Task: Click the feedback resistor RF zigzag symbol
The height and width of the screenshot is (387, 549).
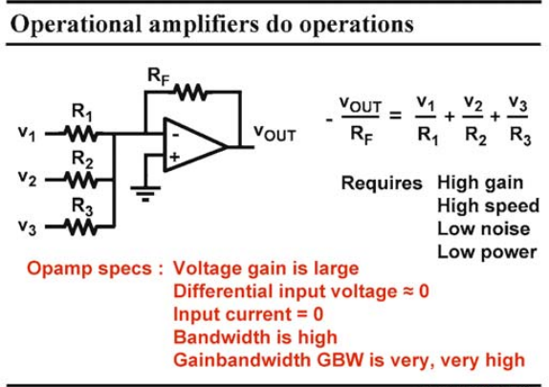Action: coord(191,93)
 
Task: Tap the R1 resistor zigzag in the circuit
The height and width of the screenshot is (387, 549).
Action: coord(80,134)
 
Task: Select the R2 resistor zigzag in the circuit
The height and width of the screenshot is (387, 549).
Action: coord(80,181)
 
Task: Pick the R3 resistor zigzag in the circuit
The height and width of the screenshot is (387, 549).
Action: coord(80,227)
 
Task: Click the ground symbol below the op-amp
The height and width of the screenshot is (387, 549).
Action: coord(145,193)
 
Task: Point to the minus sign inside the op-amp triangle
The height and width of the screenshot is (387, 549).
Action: coord(175,135)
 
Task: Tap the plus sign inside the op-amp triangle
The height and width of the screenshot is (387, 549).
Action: coord(174,157)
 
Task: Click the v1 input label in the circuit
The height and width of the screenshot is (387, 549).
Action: coord(27,134)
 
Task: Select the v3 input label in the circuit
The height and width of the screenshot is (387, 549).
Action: coord(27,226)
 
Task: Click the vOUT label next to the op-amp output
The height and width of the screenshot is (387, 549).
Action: coord(274,134)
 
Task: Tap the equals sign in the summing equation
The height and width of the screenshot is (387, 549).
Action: coord(395,115)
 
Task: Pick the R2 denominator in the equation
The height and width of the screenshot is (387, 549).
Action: coord(475,135)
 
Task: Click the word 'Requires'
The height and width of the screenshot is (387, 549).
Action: coord(382,183)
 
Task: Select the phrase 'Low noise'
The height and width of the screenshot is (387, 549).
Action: coord(484,228)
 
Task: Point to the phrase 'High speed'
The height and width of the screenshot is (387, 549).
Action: coord(489,206)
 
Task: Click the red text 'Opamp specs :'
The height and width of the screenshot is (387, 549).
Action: coord(96,269)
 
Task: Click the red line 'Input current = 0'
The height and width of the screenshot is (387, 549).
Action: coord(249,314)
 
